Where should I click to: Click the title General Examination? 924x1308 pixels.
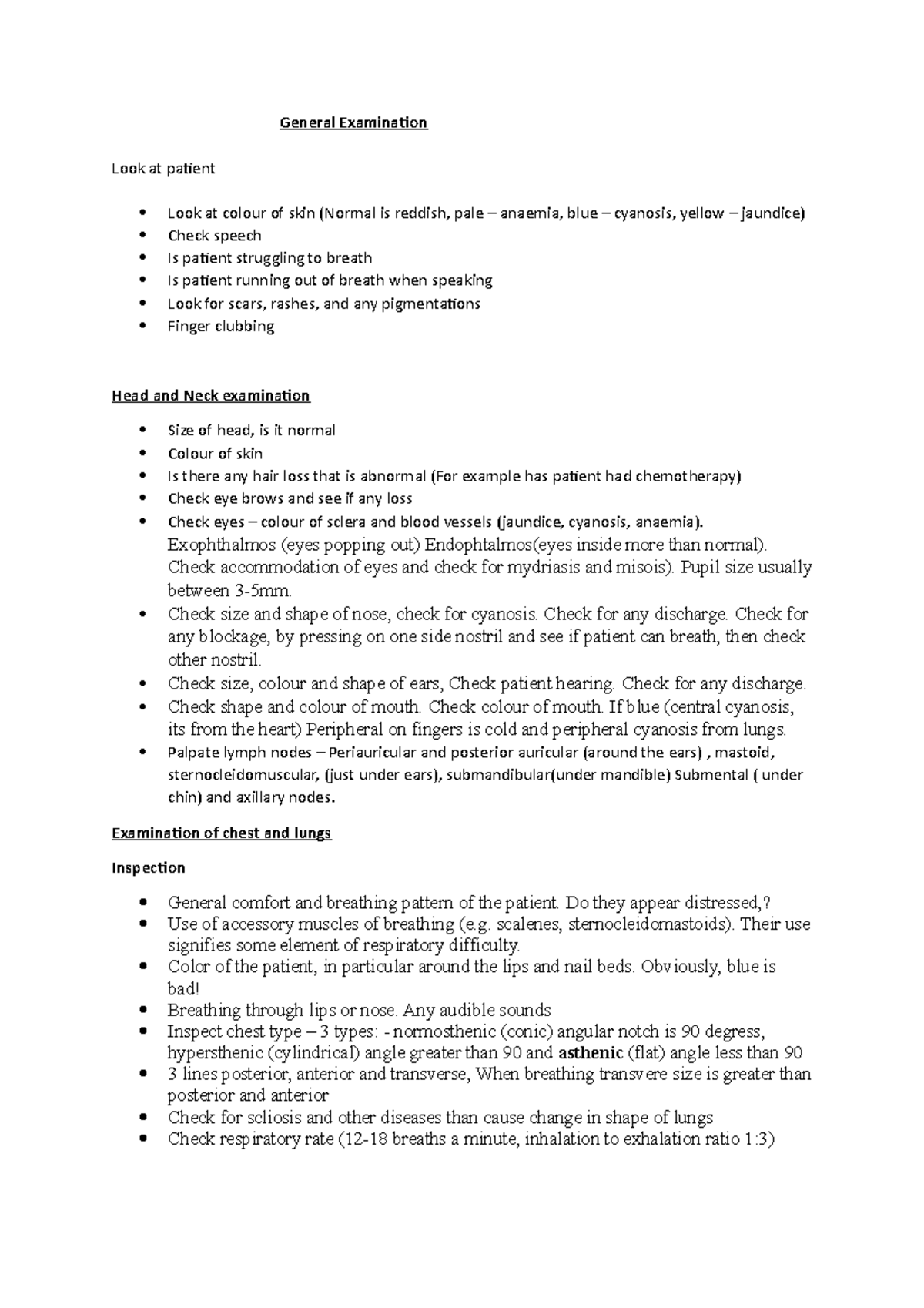click(353, 122)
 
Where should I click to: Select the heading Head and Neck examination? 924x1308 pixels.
click(210, 396)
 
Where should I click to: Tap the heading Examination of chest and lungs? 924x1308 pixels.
click(221, 833)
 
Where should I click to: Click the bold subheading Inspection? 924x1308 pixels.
click(148, 868)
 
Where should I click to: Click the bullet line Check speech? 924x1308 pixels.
click(214, 236)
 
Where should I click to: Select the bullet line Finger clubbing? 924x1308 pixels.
click(220, 326)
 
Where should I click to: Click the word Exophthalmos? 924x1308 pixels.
click(221, 545)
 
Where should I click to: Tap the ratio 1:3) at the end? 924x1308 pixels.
click(759, 1139)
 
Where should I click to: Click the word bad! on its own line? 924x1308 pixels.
click(182, 988)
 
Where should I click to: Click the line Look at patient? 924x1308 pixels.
click(163, 169)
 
